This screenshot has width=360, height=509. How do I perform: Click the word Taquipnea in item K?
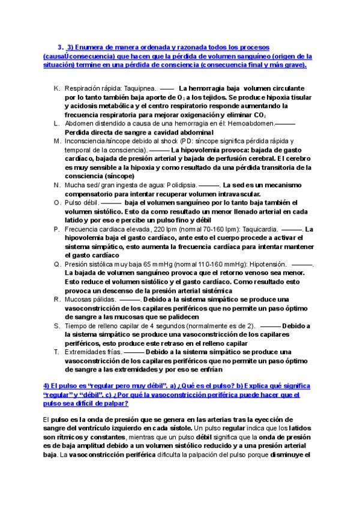pyautogui.click(x=140, y=87)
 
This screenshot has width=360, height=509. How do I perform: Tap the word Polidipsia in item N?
pyautogui.click(x=181, y=185)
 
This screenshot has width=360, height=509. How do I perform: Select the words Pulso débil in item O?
pyautogui.click(x=82, y=202)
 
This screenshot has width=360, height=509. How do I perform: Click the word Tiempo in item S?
pyautogui.click(x=75, y=325)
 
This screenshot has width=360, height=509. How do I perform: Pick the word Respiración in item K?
pyautogui.click(x=83, y=87)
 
